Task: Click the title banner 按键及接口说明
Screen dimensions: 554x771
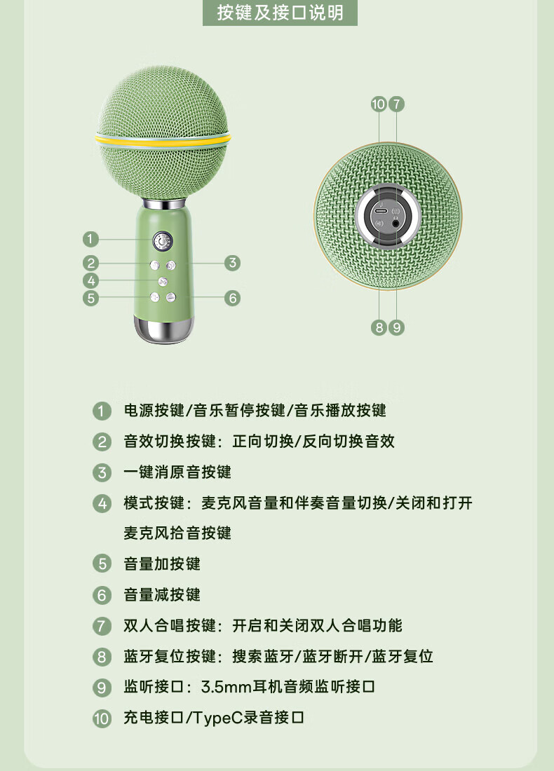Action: coord(280,13)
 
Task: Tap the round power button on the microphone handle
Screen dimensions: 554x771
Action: coord(163,241)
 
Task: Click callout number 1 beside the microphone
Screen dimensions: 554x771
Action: coord(90,240)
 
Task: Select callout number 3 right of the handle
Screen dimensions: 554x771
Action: coord(232,263)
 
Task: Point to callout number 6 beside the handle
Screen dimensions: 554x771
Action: coord(232,298)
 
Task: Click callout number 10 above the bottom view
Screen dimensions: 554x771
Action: coord(379,104)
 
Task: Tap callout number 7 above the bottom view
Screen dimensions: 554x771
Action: coord(396,104)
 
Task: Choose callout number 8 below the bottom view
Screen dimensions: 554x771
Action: coord(379,327)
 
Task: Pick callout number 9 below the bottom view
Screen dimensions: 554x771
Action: coord(396,327)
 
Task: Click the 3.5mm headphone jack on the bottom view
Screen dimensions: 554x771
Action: coord(396,223)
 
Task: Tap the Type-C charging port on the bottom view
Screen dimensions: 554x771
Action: coord(380,211)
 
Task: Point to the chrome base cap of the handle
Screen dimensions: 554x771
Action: coord(163,329)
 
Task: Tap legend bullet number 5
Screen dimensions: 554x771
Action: coord(102,564)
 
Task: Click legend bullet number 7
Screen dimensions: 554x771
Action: coord(102,626)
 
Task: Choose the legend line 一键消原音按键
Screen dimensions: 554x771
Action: coord(177,472)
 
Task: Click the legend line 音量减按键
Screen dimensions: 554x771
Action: coord(162,595)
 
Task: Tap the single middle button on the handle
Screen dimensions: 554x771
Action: coord(163,282)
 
